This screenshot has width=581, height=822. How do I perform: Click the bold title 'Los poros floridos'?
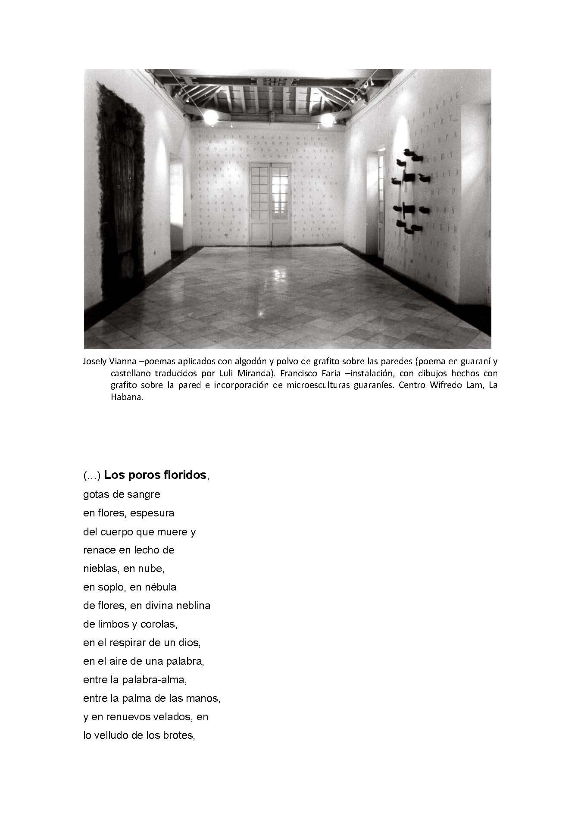point(155,475)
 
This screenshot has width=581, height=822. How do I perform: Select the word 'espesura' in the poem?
point(156,513)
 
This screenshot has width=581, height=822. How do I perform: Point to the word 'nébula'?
point(160,587)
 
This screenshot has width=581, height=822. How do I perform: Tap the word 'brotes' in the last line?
point(179,735)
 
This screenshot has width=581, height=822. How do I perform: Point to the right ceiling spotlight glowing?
point(326,119)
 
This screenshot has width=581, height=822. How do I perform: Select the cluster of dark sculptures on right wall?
point(410,190)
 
